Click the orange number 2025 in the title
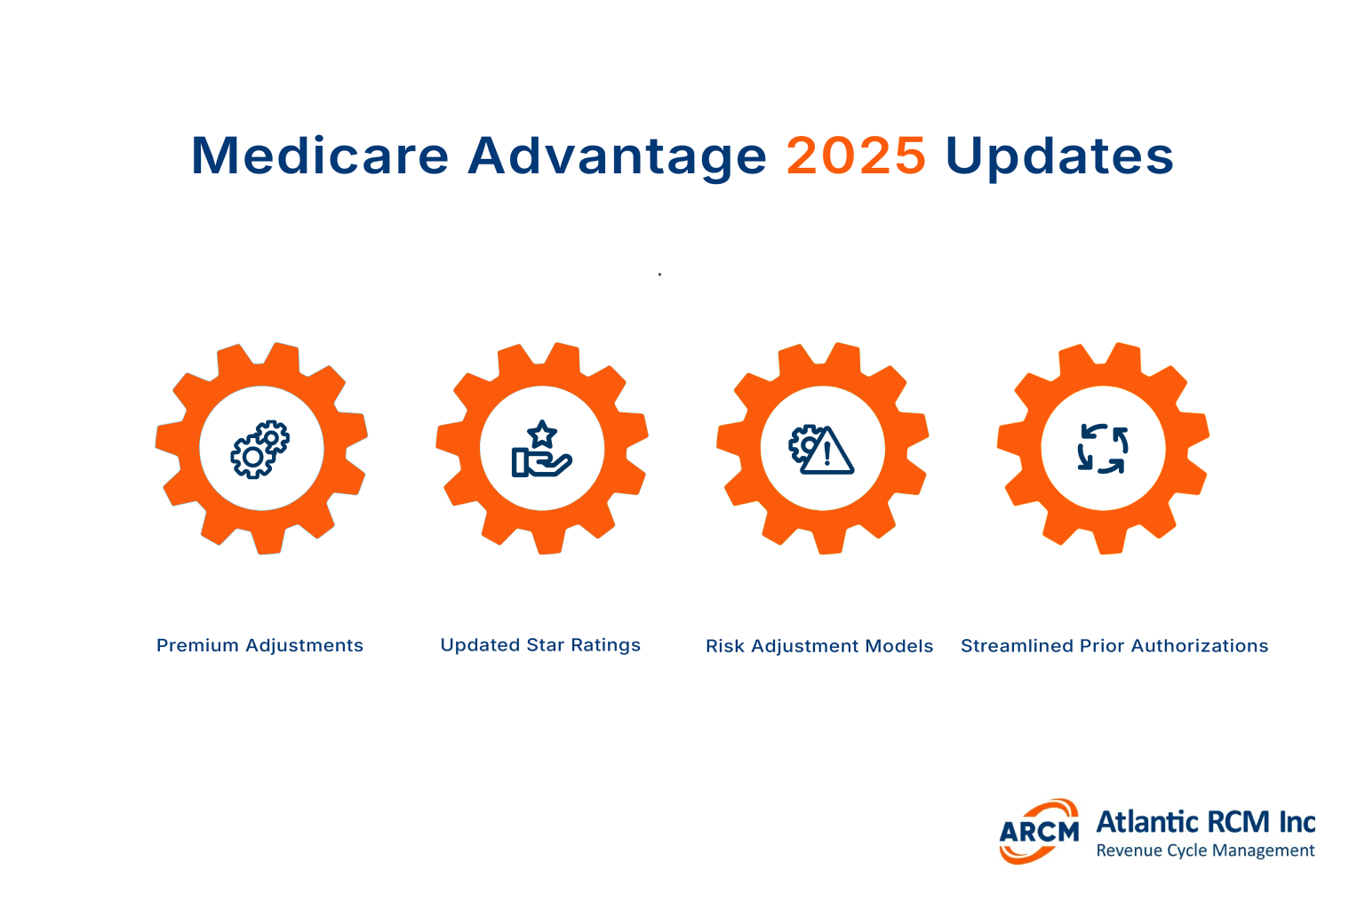coord(856,156)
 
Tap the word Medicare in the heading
coord(320,156)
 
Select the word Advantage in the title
coord(617,156)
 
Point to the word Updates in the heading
coord(1059,156)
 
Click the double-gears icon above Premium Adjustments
coord(260,449)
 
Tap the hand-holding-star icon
coord(541,451)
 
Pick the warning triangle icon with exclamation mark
coord(826,451)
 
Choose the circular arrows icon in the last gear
coord(1103,449)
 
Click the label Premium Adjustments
coord(259,646)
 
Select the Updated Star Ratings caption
coord(540,645)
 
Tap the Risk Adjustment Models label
coord(819,646)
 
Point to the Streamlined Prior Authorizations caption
coord(1114,646)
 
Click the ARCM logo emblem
coord(1039,831)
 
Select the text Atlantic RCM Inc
coord(1206,822)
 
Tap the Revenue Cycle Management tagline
coord(1205,850)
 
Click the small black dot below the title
coord(659,275)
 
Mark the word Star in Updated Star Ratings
coord(546,645)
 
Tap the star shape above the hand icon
coord(541,435)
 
